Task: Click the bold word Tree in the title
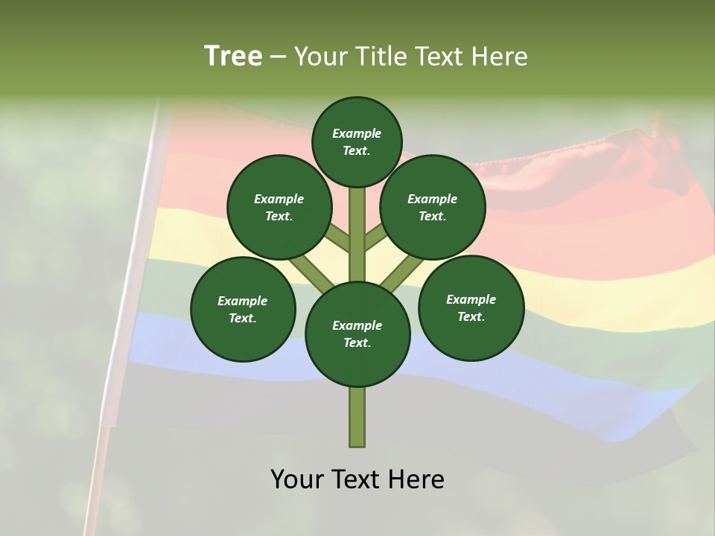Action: click(233, 56)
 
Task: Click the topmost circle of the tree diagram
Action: click(357, 141)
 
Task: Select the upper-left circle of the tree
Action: click(279, 207)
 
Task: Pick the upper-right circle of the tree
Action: click(433, 207)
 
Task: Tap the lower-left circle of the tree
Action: click(243, 309)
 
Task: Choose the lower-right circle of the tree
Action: click(471, 307)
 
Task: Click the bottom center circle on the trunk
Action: click(357, 334)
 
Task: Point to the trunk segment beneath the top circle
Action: click(357, 223)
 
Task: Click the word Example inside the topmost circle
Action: click(357, 133)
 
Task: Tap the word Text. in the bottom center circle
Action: click(357, 342)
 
